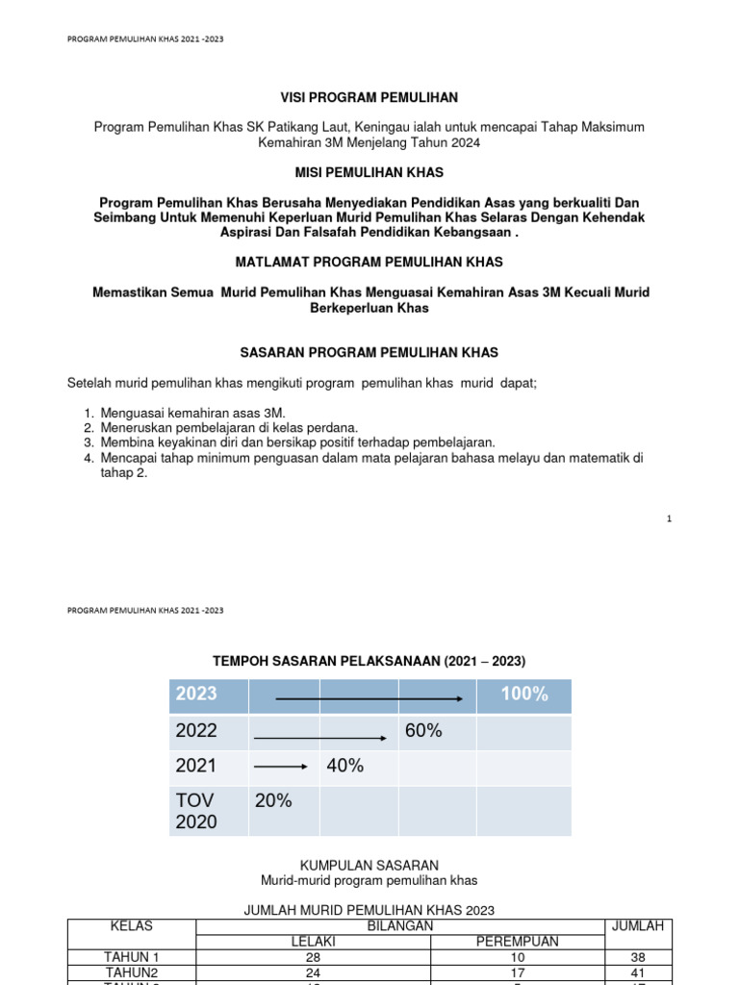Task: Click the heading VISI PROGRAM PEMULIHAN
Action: point(369,97)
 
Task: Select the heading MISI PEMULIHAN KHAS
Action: point(369,171)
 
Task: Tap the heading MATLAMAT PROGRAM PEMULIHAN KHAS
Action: point(369,262)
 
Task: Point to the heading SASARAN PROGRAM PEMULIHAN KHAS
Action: point(369,353)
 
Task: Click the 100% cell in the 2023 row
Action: point(523,695)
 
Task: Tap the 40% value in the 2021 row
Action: point(345,767)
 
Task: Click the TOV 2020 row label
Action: point(197,811)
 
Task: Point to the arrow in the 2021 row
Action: point(281,767)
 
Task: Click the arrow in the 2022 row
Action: point(324,737)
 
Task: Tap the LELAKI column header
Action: point(313,942)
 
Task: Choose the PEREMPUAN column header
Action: point(517,942)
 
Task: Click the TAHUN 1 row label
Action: point(131,957)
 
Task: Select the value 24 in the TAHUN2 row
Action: point(313,972)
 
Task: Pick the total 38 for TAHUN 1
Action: point(638,957)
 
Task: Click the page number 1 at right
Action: point(668,519)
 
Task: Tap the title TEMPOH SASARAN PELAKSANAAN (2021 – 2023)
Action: point(369,661)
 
